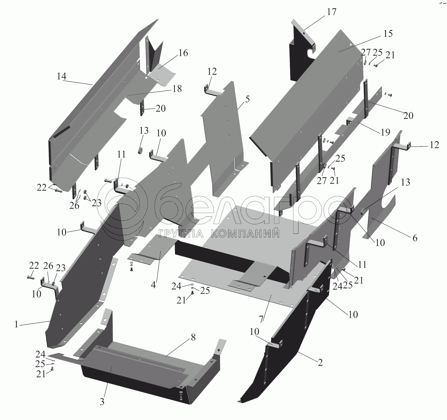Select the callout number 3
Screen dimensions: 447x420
[x=102, y=402]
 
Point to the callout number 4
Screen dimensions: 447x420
[x=153, y=285]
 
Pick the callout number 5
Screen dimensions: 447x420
[x=247, y=99]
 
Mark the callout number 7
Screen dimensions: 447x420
[x=261, y=318]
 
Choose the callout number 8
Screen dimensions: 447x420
[x=193, y=337]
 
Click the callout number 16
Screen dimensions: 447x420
[x=183, y=53]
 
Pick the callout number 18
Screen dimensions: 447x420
[x=177, y=89]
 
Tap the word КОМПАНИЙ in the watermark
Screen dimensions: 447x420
[x=245, y=233]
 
